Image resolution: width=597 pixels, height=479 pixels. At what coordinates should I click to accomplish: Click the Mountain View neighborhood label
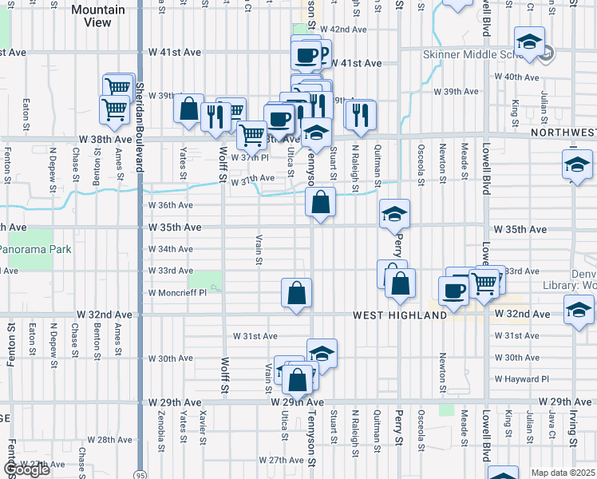[x=98, y=16]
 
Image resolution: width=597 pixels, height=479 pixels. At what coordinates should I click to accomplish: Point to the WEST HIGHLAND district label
[x=401, y=315]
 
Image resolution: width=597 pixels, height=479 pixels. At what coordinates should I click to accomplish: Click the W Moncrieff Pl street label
[x=176, y=293]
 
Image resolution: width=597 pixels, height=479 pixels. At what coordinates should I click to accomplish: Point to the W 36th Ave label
[x=172, y=205]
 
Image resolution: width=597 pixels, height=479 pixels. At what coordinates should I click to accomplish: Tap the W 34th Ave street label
[x=171, y=249]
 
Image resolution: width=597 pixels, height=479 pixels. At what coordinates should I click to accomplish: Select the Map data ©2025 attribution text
[x=563, y=473]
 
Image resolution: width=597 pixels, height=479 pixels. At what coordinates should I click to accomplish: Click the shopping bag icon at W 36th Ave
[x=320, y=202]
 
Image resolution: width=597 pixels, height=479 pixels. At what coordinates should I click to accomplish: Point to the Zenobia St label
[x=162, y=426]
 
